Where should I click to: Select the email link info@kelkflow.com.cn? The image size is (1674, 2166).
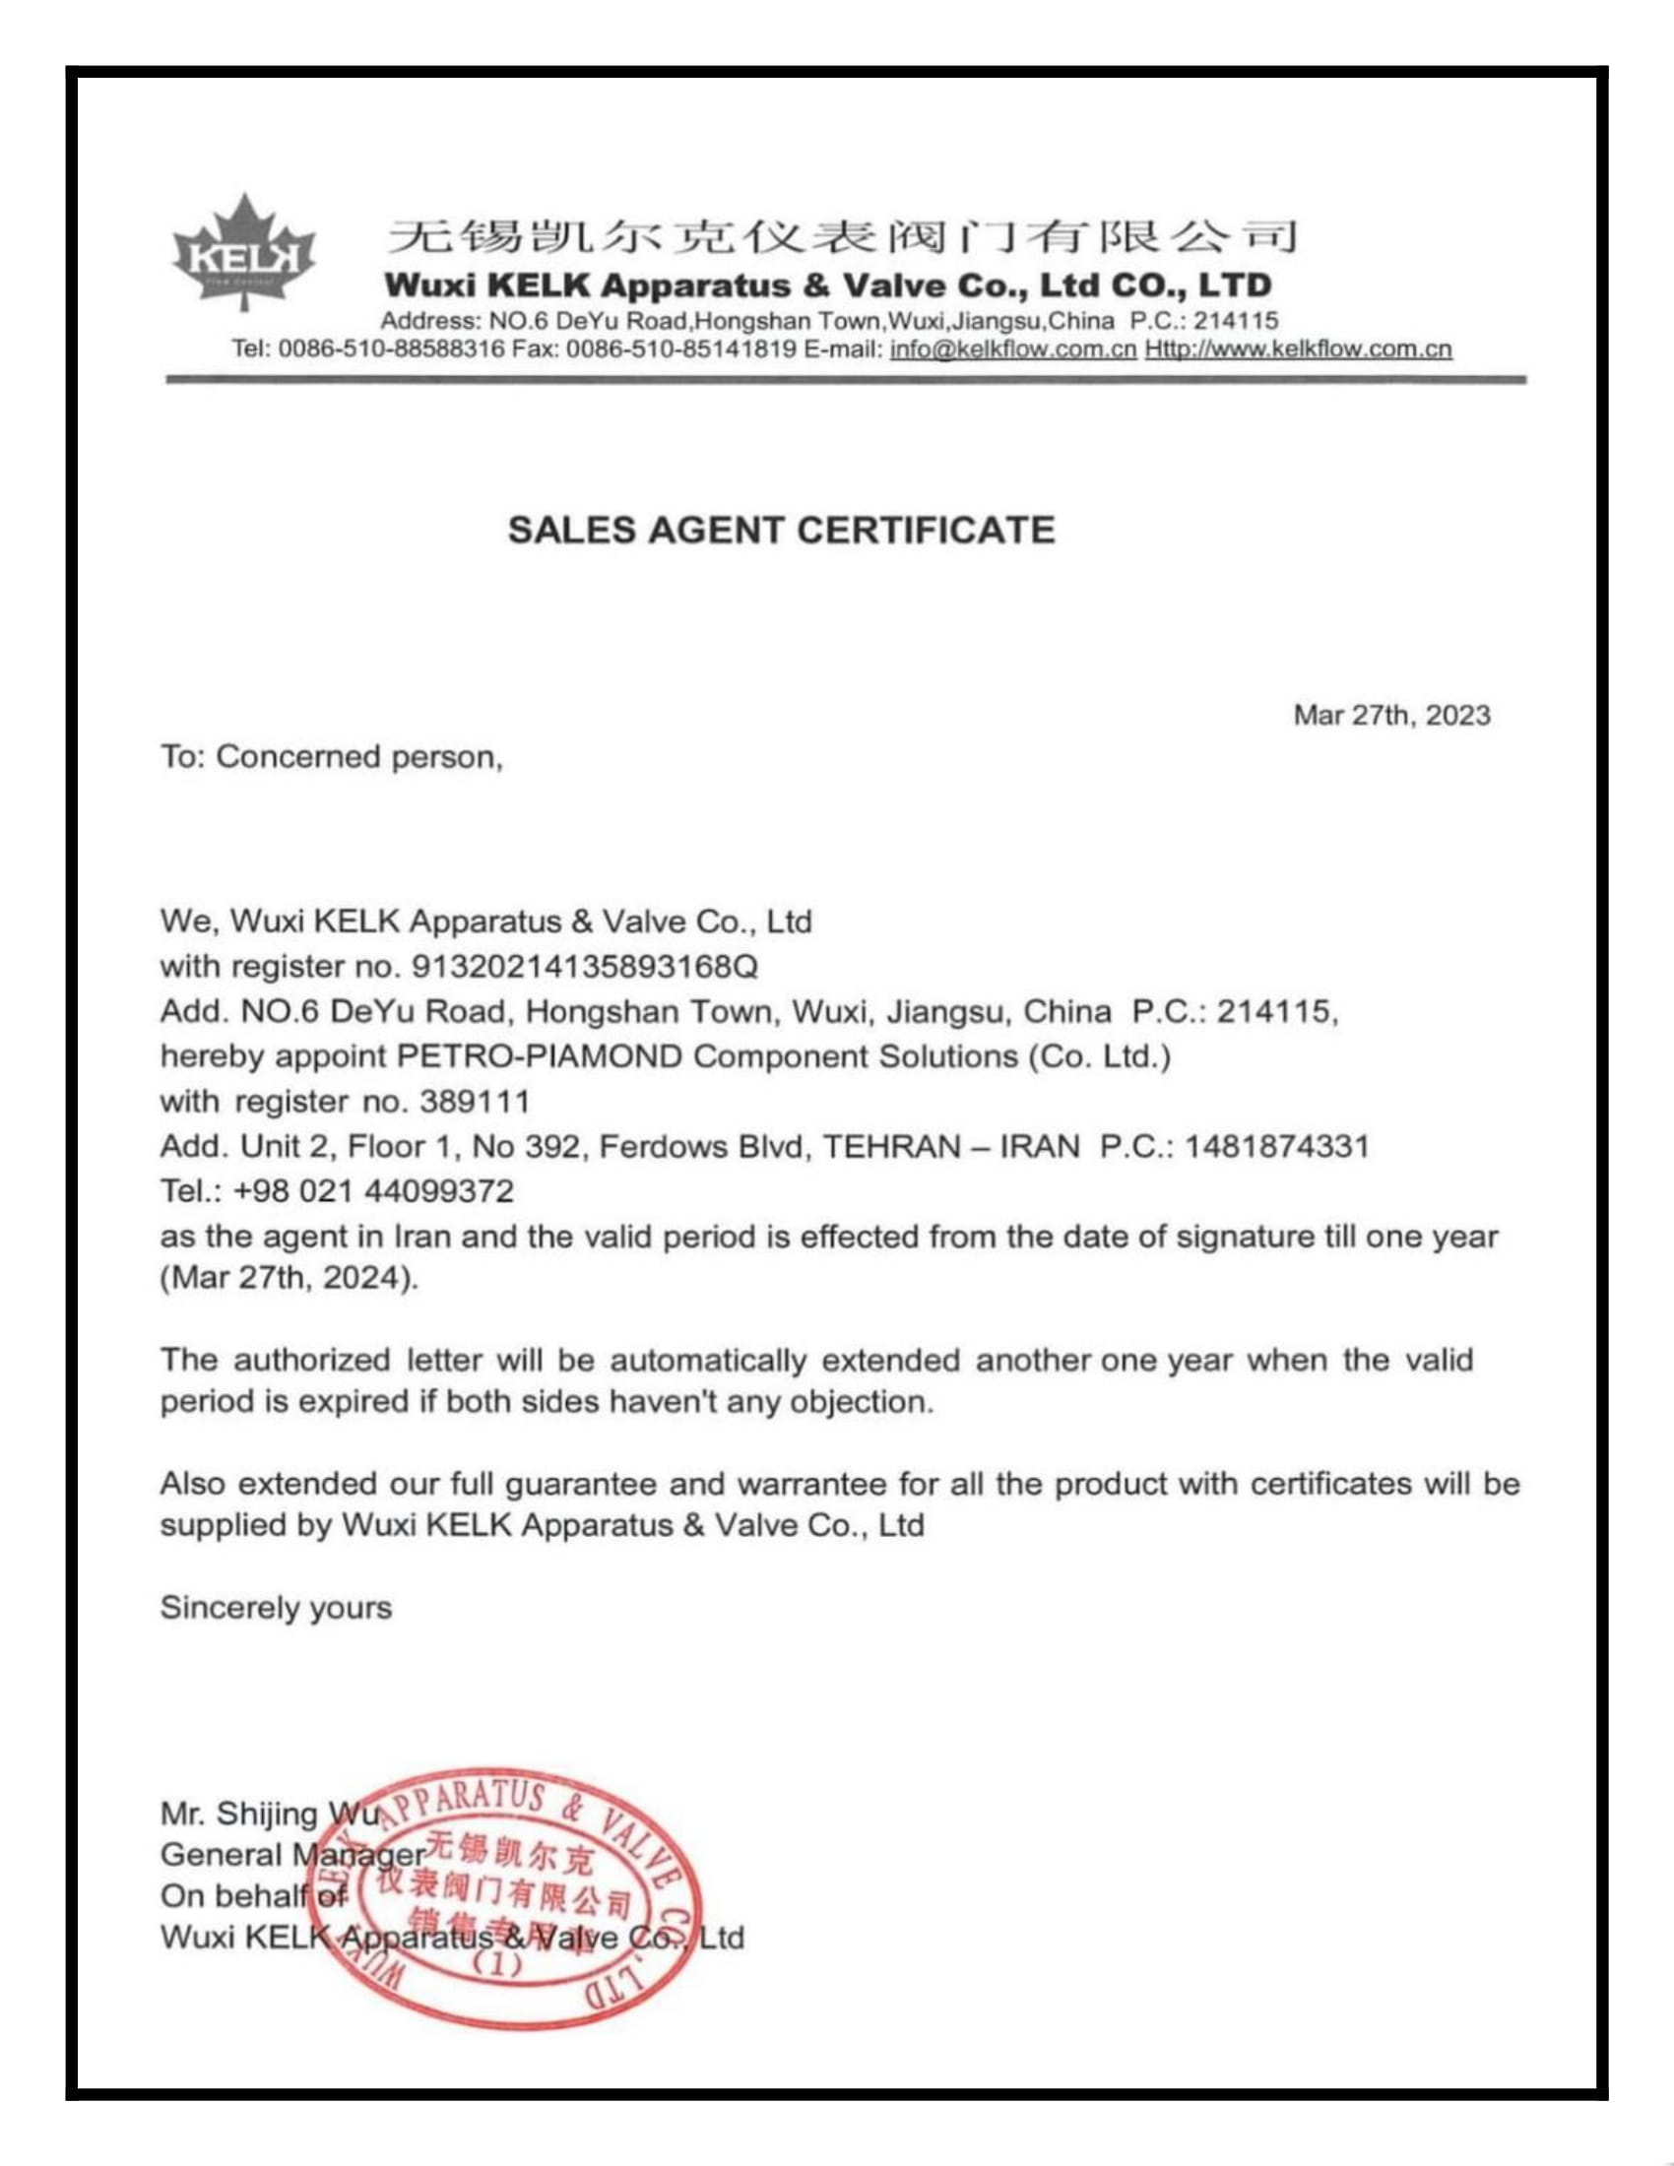1012,350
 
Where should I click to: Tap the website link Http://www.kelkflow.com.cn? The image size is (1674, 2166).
1298,350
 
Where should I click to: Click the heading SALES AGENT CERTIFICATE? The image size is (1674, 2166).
781,531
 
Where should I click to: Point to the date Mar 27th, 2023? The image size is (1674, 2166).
1390,716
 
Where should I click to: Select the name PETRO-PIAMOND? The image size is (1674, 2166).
540,1056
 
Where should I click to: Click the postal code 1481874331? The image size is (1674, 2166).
1276,1146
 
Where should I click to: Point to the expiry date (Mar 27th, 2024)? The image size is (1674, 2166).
290,1277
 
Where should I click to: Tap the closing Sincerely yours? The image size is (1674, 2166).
276,1608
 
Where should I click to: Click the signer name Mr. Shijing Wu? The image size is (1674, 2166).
270,1814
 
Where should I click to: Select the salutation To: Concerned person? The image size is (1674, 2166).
331,758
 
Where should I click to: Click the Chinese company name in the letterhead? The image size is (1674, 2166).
840,238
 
